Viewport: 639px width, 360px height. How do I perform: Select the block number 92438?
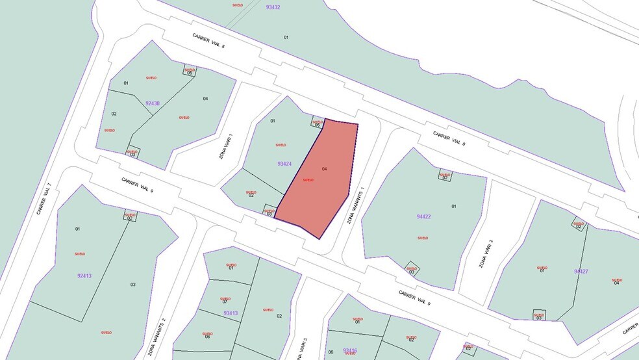click(153, 103)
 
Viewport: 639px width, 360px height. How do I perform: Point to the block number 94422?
click(423, 216)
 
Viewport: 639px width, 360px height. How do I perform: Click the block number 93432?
click(273, 7)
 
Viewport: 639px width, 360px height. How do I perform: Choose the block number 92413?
click(84, 276)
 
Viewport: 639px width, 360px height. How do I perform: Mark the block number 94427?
click(581, 271)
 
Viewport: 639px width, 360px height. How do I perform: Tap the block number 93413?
click(231, 313)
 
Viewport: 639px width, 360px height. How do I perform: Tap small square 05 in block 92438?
click(190, 71)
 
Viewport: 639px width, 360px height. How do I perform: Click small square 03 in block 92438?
click(132, 152)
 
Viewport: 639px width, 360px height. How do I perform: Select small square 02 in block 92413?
click(130, 216)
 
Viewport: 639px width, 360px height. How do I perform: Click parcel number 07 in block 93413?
click(225, 302)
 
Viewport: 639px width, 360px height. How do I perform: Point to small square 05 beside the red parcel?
click(318, 122)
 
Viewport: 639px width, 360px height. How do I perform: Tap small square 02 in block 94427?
click(578, 224)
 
